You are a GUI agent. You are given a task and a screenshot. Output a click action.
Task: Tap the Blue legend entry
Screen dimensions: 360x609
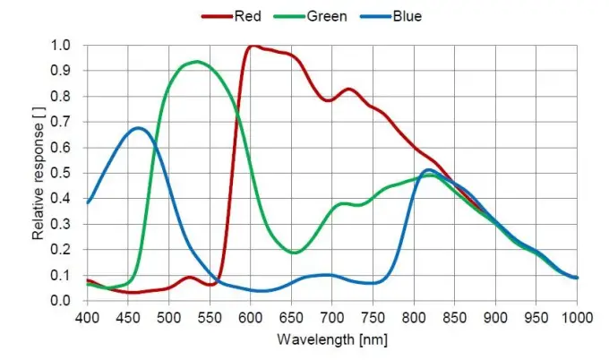[405, 16]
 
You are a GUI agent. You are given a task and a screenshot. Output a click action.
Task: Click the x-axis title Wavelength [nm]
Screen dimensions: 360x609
[330, 341]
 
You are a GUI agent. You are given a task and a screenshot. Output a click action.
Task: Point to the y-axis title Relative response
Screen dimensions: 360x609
[39, 173]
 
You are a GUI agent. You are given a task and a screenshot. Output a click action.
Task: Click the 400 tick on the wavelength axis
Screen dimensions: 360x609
[87, 318]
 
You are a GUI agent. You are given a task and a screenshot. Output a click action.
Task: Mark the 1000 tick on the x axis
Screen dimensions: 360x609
[576, 318]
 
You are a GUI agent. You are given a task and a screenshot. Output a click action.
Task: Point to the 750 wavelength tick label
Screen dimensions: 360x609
[373, 318]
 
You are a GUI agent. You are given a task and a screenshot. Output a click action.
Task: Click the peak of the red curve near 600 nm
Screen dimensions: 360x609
[253, 46]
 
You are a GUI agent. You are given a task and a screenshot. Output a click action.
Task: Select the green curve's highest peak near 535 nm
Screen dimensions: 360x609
[196, 62]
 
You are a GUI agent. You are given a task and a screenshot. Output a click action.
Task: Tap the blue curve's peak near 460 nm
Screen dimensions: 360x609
[138, 128]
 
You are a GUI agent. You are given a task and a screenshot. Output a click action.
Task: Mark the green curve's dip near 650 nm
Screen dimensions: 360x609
[294, 253]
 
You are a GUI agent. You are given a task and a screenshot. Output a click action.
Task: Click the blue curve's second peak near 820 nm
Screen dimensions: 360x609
[429, 170]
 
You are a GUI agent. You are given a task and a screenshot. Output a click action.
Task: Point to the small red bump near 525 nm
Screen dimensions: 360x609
[190, 278]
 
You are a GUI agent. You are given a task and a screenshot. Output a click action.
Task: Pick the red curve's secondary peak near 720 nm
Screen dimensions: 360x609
[348, 89]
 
